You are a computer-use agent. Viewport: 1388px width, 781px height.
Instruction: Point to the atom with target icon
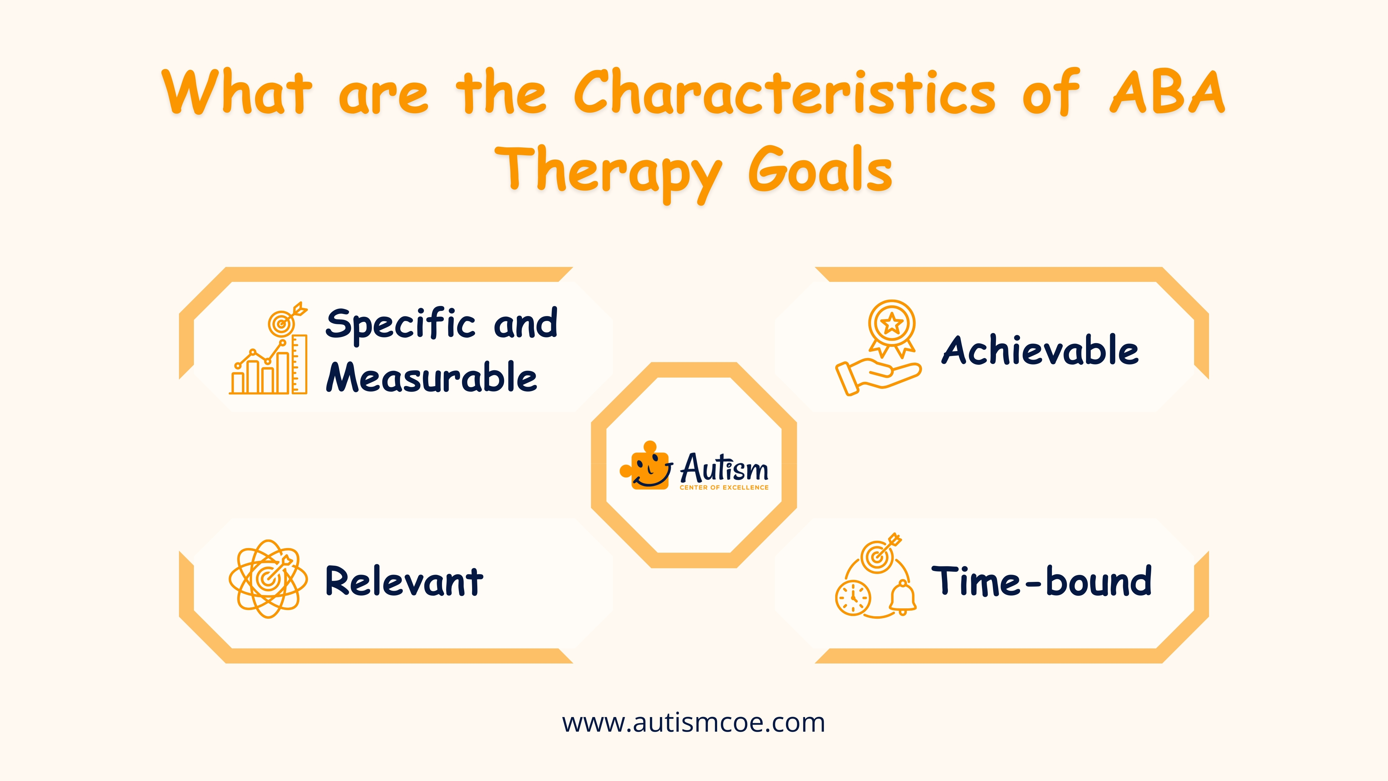pyautogui.click(x=268, y=579)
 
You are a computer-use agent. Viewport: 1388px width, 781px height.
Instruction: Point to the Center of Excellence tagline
pyautogui.click(x=724, y=487)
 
